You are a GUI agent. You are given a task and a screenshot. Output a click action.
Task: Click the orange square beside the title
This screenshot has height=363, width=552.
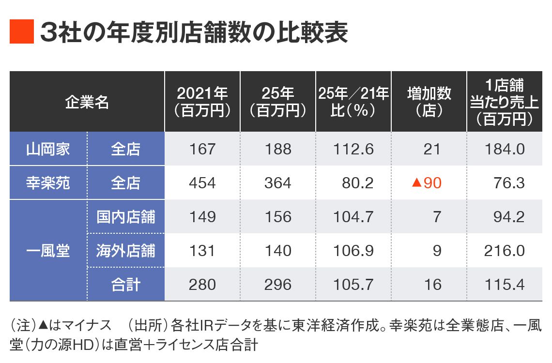tap(22, 32)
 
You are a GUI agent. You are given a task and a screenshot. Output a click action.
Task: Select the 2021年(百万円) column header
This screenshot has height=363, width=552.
tap(202, 102)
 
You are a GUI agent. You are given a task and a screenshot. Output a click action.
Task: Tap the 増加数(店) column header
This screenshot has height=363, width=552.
tap(429, 102)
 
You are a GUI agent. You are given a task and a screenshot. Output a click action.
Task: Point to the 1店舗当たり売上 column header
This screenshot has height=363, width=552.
tap(504, 102)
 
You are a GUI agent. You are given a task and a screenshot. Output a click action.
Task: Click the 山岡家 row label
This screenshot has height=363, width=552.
tap(48, 149)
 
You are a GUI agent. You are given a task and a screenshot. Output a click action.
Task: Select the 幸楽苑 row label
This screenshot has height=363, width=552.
tap(48, 182)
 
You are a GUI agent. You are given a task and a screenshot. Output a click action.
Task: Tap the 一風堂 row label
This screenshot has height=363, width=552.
tap(48, 250)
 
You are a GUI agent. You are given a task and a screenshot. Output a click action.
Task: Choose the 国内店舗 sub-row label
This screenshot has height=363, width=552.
tap(126, 216)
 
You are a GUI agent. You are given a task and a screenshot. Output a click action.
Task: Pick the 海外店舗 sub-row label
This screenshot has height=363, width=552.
tap(126, 250)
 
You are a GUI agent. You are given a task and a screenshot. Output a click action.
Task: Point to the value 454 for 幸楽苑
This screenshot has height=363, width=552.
tap(202, 183)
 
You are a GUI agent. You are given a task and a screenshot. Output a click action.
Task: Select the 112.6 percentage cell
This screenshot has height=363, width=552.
tap(353, 149)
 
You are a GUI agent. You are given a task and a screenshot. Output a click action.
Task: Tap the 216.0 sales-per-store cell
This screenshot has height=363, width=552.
tap(504, 251)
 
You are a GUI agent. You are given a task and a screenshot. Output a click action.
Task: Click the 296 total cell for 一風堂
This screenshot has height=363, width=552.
tap(278, 284)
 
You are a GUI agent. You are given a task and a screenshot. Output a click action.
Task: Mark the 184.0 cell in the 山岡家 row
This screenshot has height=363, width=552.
tap(504, 149)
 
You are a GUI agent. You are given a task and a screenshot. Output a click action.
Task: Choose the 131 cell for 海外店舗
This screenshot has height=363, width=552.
tap(202, 251)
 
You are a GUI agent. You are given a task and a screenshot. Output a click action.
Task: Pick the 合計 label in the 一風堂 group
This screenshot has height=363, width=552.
tap(126, 284)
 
